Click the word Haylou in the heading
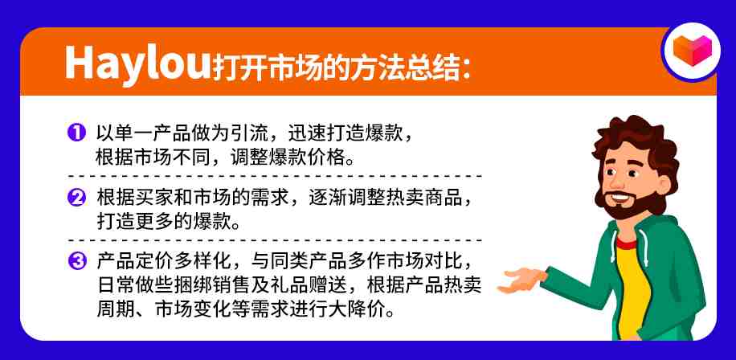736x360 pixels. pos(137,63)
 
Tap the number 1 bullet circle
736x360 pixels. pos(76,133)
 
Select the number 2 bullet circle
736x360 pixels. pos(76,198)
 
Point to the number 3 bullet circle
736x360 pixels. pos(76,261)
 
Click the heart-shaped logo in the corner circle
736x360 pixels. pos(693,51)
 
